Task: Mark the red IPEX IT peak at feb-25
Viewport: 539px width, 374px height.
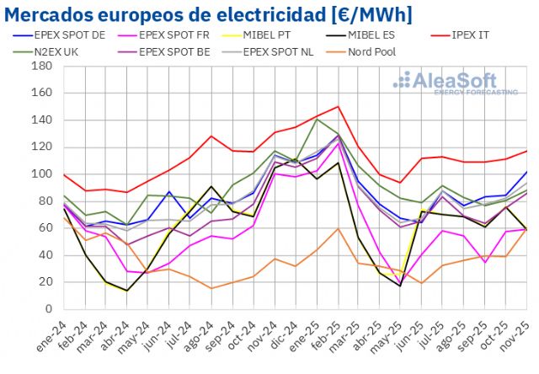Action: click(338, 107)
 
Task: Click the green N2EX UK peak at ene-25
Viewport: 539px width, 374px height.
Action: click(317, 119)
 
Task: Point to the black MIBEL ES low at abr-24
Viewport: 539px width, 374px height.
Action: click(126, 291)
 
